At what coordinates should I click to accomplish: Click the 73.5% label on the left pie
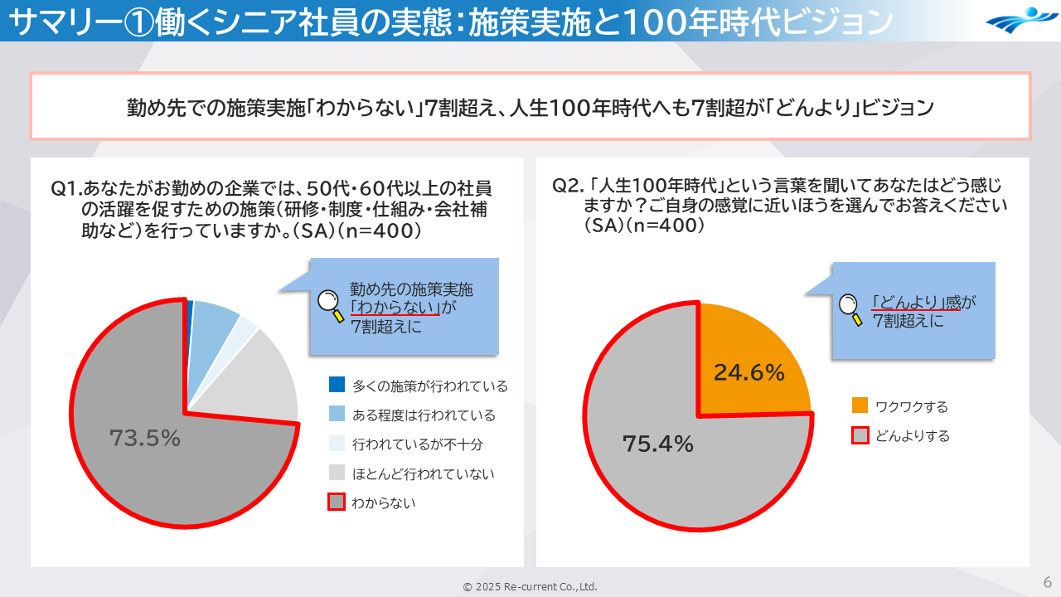click(145, 438)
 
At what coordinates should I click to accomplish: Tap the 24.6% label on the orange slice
click(749, 373)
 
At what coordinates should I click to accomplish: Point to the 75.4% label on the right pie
click(657, 444)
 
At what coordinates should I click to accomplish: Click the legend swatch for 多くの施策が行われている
click(337, 385)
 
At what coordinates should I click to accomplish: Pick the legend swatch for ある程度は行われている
click(337, 414)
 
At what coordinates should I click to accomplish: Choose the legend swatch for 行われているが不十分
click(337, 444)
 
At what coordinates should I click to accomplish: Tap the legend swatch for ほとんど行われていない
click(337, 473)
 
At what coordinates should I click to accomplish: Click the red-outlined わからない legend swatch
click(337, 502)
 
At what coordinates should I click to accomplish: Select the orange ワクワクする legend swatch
click(860, 405)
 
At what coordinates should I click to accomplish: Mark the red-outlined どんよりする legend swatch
click(860, 435)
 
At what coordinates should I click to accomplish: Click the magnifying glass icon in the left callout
click(332, 306)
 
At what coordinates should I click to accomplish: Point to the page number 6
click(1047, 581)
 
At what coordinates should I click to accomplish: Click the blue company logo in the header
click(1020, 20)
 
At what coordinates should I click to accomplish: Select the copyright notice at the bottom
click(530, 586)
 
